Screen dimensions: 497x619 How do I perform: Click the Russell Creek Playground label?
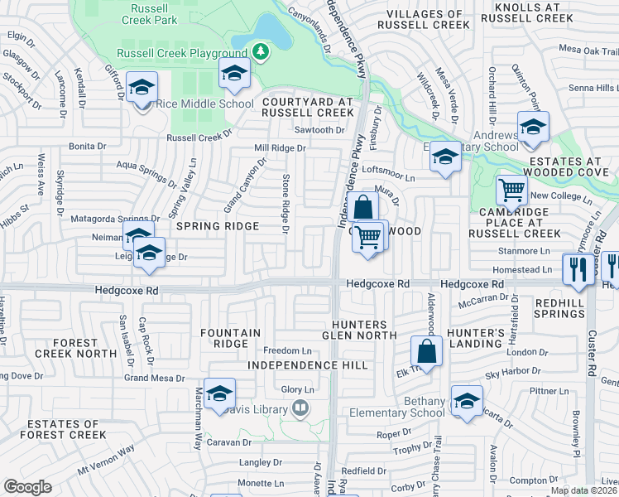(181, 53)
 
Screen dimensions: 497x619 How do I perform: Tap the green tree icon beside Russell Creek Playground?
(261, 53)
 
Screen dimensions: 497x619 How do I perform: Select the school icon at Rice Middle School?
(142, 87)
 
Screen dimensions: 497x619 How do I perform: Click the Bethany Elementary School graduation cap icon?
(467, 400)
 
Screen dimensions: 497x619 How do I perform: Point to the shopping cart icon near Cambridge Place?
(512, 191)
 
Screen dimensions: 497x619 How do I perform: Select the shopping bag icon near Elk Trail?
(426, 350)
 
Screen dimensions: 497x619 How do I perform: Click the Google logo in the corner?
(27, 486)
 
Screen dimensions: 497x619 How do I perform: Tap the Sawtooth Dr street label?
(319, 131)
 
